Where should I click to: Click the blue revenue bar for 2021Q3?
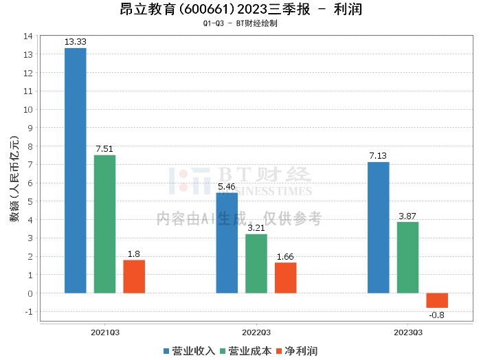pyautogui.click(x=75, y=170)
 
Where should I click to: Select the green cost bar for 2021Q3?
pyautogui.click(x=104, y=224)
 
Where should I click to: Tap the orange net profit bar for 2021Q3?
pyautogui.click(x=134, y=276)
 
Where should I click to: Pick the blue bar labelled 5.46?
pyautogui.click(x=227, y=243)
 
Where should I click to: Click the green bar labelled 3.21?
pyautogui.click(x=256, y=263)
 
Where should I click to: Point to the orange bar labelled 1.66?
pyautogui.click(x=286, y=278)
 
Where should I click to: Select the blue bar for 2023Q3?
pyautogui.click(x=378, y=227)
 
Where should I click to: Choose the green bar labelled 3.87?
pyautogui.click(x=407, y=257)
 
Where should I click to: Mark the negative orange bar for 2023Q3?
pyautogui.click(x=437, y=300)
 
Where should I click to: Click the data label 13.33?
pyautogui.click(x=75, y=42)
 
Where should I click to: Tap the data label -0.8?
pyautogui.click(x=436, y=315)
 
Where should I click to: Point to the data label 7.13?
pyautogui.click(x=378, y=156)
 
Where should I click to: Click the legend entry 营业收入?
pyautogui.click(x=189, y=351)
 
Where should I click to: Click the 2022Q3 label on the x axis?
pyautogui.click(x=256, y=333)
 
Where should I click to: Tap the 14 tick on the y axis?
pyautogui.click(x=28, y=36)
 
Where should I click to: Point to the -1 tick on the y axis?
pyautogui.click(x=28, y=312)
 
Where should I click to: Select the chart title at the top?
pyautogui.click(x=240, y=10)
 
